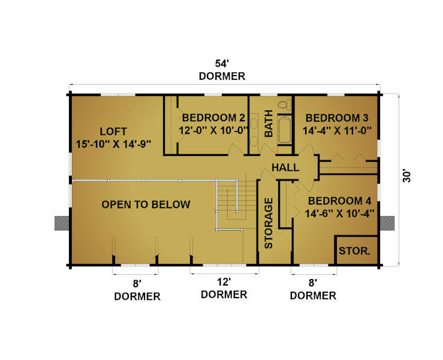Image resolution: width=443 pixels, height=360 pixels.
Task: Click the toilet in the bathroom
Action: coord(285,104)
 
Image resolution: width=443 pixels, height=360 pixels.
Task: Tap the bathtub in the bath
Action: coord(285,130)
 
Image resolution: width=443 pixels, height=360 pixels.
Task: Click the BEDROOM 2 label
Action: coord(213,118)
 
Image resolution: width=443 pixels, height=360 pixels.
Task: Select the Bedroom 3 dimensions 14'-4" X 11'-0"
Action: coord(337,131)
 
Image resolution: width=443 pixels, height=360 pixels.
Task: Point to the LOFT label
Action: coord(113,131)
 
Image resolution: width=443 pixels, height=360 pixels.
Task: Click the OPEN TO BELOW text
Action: coord(146,205)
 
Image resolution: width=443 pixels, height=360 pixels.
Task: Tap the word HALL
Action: coord(285,167)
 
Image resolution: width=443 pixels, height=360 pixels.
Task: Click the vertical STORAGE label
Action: coord(269,223)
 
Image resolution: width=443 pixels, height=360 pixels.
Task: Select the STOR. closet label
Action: coord(354,251)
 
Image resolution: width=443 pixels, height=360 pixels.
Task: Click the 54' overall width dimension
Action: coord(222,64)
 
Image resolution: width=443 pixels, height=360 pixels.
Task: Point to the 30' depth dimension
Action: coord(407,176)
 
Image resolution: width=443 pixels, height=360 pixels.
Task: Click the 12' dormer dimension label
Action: coord(224,282)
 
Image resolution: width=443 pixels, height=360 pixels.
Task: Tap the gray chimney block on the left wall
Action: coord(62,223)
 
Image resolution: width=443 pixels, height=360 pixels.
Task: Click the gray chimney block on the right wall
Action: coord(387,223)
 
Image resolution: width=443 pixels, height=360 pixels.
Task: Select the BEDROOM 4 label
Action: coord(339,201)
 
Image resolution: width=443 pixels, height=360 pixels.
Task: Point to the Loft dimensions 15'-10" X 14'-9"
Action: coord(113,144)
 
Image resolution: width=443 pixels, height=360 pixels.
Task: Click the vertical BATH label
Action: coord(269,124)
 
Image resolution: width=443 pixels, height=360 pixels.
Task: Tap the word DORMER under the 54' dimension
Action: coord(222,76)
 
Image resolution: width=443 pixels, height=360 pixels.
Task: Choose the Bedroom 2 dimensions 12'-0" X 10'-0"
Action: coord(213,130)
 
